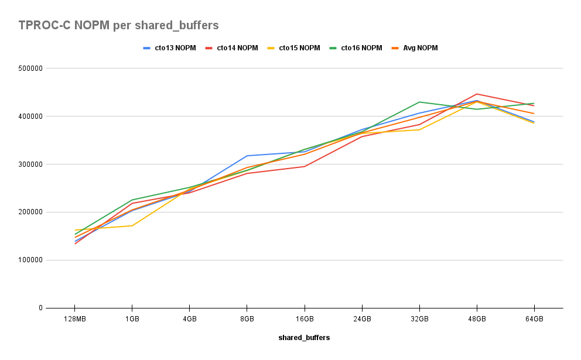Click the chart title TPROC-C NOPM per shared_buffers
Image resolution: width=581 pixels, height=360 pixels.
tap(118, 25)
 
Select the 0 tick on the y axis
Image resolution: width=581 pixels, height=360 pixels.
tap(41, 308)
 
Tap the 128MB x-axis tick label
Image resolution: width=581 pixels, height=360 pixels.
tap(74, 319)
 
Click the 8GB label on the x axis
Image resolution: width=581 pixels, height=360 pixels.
tap(247, 319)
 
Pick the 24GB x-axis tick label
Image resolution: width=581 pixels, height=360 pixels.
tap(361, 319)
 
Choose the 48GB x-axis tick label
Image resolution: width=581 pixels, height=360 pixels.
tap(477, 319)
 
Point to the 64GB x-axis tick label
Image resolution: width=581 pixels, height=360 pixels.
tap(534, 319)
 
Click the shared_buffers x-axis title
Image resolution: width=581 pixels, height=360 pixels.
tap(304, 338)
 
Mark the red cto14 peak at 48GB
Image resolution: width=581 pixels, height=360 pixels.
tap(477, 94)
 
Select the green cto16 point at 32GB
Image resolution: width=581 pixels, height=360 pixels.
tap(419, 102)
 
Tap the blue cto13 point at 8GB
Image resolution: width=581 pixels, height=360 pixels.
tap(247, 156)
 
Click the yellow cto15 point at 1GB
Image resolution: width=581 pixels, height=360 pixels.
tap(132, 225)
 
